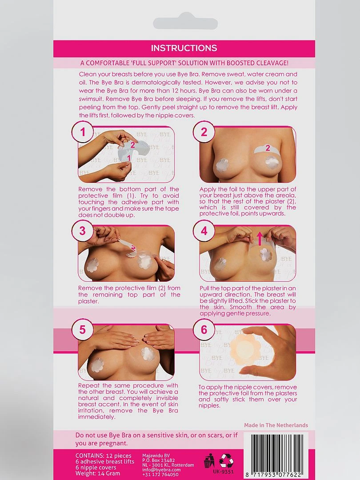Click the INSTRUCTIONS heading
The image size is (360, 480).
click(x=184, y=48)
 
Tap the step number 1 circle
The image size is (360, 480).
click(x=83, y=132)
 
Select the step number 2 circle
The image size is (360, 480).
click(x=204, y=132)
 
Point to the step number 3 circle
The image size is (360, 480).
click(x=83, y=231)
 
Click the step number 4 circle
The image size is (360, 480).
click(x=204, y=231)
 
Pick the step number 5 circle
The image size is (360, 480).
click(x=83, y=330)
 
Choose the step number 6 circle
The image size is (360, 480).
click(x=204, y=330)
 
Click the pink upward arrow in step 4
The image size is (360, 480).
click(x=260, y=239)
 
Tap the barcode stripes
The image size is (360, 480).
click(x=277, y=452)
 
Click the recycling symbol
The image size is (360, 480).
click(x=227, y=461)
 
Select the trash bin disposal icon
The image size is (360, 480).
click(x=209, y=461)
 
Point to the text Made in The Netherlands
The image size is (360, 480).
click(x=276, y=425)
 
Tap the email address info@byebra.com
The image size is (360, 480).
click(x=161, y=470)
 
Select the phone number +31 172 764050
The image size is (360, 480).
click(x=160, y=475)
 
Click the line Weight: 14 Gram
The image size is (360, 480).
click(x=98, y=473)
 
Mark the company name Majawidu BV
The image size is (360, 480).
click(x=156, y=456)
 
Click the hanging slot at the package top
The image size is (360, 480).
click(x=185, y=23)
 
